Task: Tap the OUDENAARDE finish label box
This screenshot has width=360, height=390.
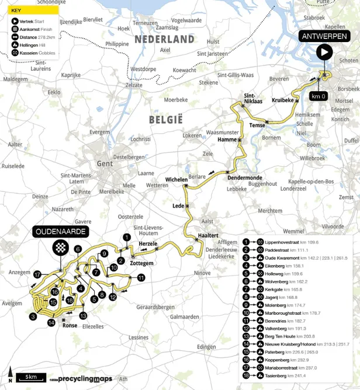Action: pos(60,232)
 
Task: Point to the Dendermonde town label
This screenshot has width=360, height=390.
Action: pos(245,177)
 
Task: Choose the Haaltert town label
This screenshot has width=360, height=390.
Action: pos(208,235)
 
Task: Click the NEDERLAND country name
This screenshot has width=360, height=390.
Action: pos(164,39)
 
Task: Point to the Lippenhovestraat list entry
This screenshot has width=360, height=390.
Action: pos(283,241)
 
